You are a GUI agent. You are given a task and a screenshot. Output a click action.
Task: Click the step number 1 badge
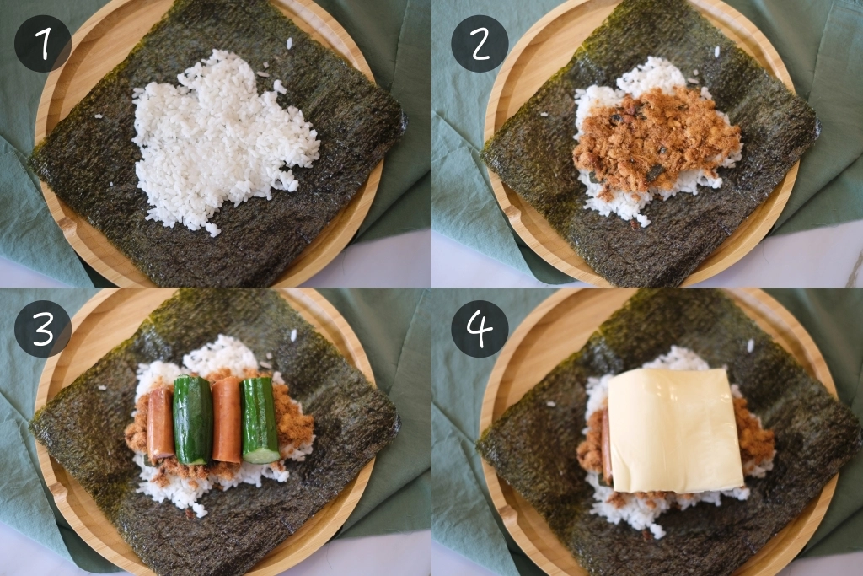click(42, 43)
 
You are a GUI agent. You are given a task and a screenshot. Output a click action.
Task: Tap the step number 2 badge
click(480, 43)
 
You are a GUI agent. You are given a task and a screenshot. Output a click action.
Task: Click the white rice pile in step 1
click(223, 139)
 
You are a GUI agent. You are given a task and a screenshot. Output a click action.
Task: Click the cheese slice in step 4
click(674, 430)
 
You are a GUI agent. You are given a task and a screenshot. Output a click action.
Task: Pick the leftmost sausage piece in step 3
click(160, 423)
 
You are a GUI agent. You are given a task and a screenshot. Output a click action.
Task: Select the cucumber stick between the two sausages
click(192, 419)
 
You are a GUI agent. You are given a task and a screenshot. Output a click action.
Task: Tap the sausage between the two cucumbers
click(226, 418)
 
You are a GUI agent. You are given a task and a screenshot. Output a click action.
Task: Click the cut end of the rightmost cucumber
click(261, 455)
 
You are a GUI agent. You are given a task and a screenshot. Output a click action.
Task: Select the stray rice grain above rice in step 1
click(289, 41)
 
